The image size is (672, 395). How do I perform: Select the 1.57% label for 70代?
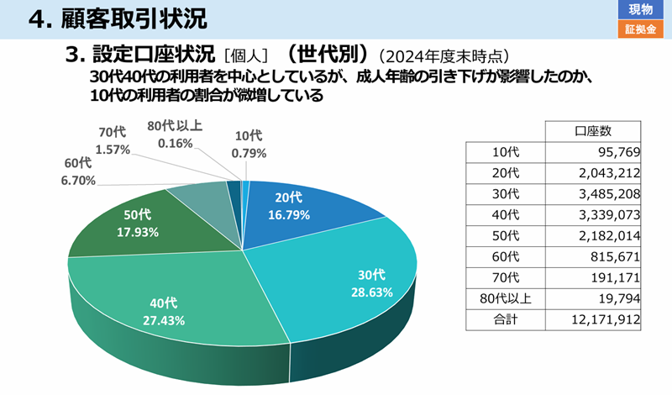(x=113, y=150)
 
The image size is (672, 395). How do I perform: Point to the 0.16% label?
(x=175, y=143)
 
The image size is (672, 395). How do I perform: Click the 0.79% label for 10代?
(x=249, y=153)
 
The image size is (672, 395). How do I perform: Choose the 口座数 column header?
(x=593, y=131)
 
